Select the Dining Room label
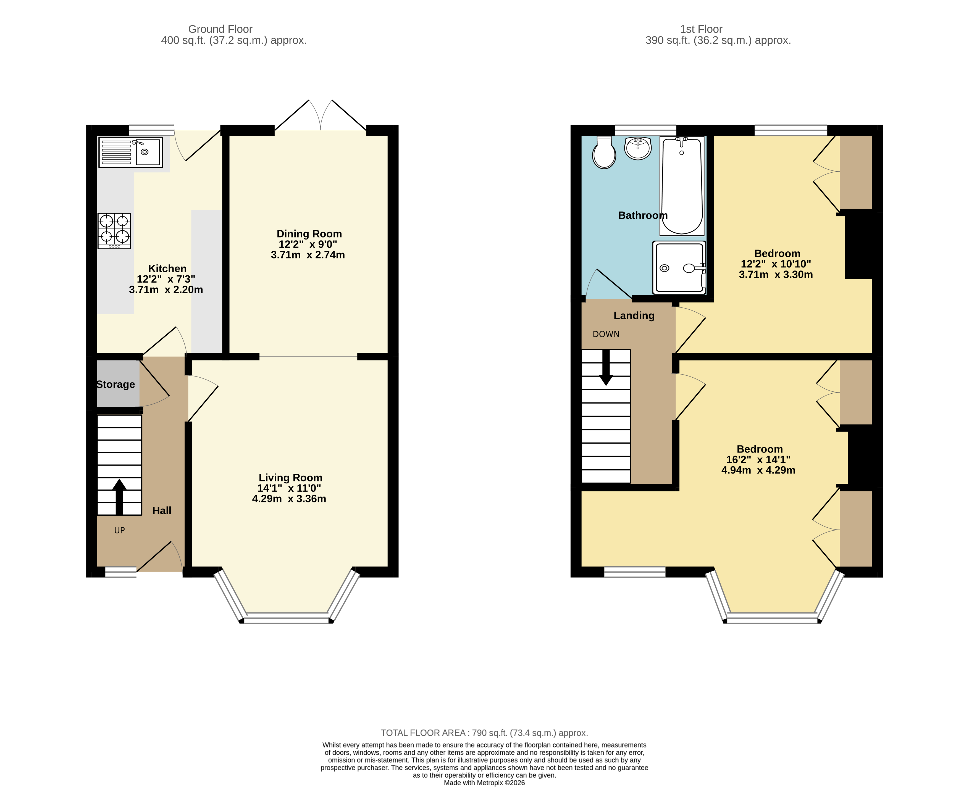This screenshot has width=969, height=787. point(309,234)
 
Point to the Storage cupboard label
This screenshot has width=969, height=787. point(115,385)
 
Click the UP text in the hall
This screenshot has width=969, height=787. point(119,530)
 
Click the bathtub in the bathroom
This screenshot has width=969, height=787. point(682,186)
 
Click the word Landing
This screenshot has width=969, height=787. point(634,315)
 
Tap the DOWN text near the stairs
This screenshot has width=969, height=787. point(606,334)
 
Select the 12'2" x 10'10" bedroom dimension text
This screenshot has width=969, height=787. point(775,264)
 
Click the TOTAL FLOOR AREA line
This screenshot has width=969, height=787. point(484,733)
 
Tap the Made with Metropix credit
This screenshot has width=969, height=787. point(484,783)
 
